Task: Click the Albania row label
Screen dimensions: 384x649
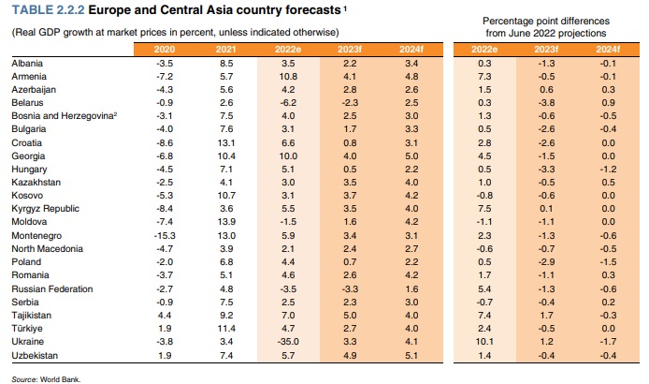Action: pos(27,62)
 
